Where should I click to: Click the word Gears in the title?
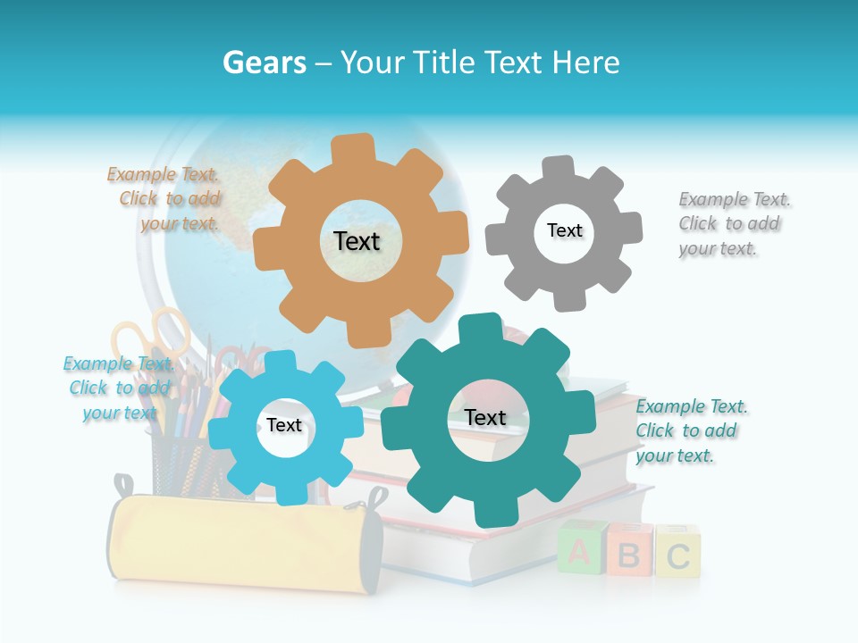(x=264, y=63)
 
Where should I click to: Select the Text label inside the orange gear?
(x=357, y=241)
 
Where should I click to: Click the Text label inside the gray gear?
(x=564, y=230)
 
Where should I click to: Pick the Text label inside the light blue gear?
(x=283, y=425)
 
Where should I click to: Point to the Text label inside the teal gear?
(x=485, y=417)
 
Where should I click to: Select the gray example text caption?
(x=734, y=223)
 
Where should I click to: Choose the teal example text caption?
(x=691, y=430)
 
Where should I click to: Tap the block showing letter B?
(x=629, y=555)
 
